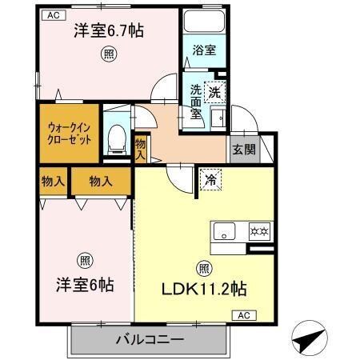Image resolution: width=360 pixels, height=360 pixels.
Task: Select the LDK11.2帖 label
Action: pyautogui.click(x=204, y=290)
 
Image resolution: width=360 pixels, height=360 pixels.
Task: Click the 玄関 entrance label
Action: pyautogui.click(x=243, y=149)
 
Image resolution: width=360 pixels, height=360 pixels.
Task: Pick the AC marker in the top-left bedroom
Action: pyautogui.click(x=52, y=15)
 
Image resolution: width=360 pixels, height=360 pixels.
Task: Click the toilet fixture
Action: pyautogui.click(x=117, y=137)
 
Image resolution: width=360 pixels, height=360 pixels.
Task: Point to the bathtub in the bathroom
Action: pyautogui.click(x=203, y=25)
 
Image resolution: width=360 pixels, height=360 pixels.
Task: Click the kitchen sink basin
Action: pyautogui.click(x=225, y=234)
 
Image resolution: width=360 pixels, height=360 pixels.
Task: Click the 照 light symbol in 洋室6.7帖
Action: pyautogui.click(x=107, y=54)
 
